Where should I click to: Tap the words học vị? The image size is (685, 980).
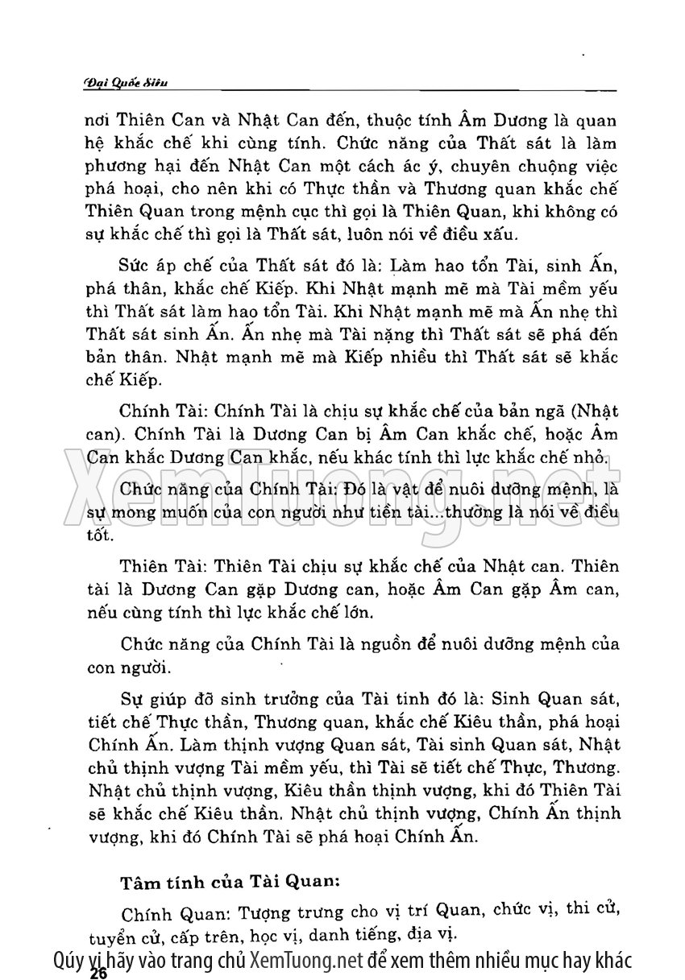point(271,937)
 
